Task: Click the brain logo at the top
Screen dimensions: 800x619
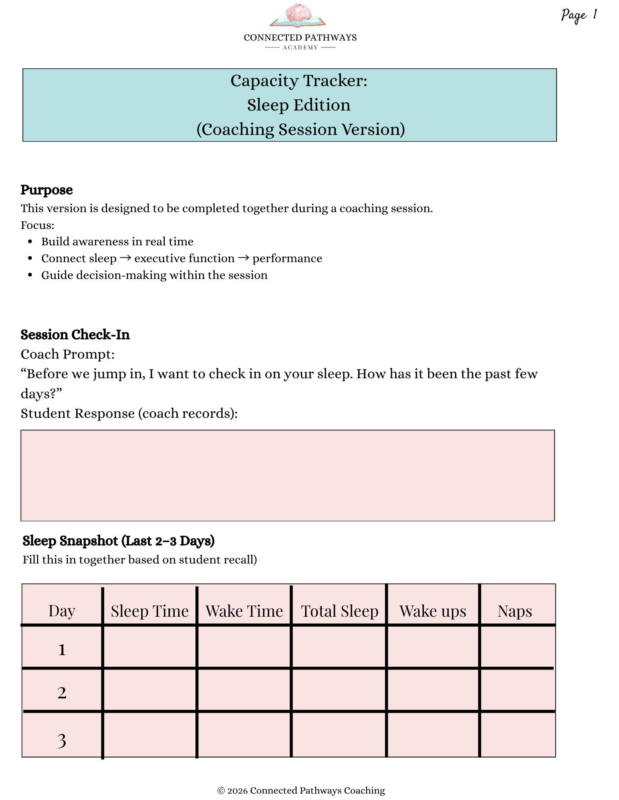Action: (x=298, y=15)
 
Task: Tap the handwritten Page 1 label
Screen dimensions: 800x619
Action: (x=579, y=15)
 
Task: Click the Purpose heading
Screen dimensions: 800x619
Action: (x=46, y=190)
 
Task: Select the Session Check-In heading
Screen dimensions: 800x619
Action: (x=75, y=335)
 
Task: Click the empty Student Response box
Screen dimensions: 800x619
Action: (x=287, y=475)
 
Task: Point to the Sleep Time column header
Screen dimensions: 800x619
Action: (x=149, y=611)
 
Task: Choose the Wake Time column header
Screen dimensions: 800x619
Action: (x=244, y=611)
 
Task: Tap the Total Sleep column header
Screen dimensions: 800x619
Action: (x=339, y=611)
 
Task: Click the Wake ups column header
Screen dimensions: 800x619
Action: (x=433, y=611)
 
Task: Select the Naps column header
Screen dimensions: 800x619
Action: (x=514, y=611)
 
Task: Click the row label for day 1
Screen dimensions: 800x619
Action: (x=62, y=650)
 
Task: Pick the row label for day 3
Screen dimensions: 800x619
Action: (x=62, y=740)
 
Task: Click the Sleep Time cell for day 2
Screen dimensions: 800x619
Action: (x=149, y=690)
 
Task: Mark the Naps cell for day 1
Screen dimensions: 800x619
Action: (x=517, y=646)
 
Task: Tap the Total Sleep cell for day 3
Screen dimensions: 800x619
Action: (x=339, y=735)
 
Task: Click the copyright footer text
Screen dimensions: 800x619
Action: (x=301, y=790)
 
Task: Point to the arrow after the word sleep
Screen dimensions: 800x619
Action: (x=125, y=258)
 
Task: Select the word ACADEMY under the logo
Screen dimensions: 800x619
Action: (x=300, y=48)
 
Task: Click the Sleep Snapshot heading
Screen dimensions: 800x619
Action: (x=119, y=541)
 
